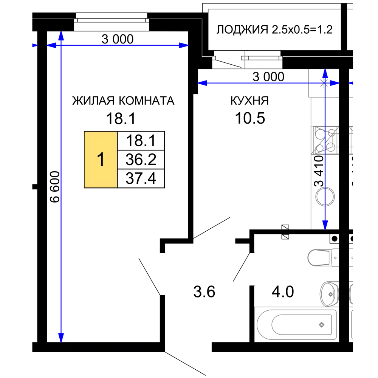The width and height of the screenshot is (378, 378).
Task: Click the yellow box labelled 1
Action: (x=101, y=159)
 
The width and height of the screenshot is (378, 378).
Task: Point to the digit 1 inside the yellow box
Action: (x=101, y=160)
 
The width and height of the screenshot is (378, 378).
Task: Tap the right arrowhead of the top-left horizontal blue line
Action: (x=184, y=45)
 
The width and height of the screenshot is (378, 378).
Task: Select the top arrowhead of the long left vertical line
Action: (x=61, y=37)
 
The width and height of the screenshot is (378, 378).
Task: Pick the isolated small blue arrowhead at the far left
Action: (x=34, y=45)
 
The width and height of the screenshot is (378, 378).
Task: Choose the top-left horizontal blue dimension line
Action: (x=121, y=45)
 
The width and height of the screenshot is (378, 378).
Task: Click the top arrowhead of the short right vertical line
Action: (x=325, y=73)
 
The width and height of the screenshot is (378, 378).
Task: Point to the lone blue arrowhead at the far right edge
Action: (x=351, y=83)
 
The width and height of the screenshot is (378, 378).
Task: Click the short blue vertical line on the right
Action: (x=325, y=151)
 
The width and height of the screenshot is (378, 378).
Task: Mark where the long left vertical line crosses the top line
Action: (x=61, y=45)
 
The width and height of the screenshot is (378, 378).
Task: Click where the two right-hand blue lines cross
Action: (x=325, y=83)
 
